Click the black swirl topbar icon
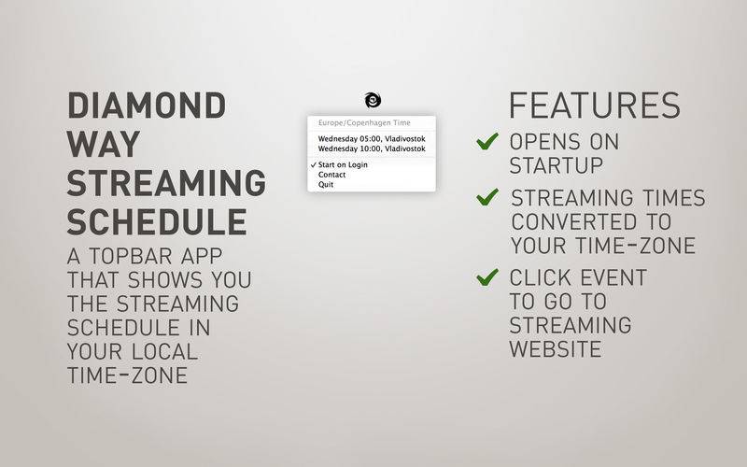(373, 100)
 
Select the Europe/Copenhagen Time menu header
(364, 122)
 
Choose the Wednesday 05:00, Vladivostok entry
(372, 138)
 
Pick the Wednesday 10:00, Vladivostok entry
(372, 149)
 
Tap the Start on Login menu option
(343, 165)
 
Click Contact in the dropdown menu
(332, 175)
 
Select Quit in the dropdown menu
(326, 184)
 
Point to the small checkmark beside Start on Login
(313, 165)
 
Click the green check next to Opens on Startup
(487, 141)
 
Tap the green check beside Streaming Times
(487, 197)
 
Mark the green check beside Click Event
(487, 277)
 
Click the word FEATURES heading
(595, 106)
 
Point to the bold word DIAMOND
(147, 106)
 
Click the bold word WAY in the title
(104, 144)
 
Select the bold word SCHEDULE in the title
(157, 222)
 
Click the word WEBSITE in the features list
(556, 349)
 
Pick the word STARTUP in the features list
(557, 166)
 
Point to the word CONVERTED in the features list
(574, 221)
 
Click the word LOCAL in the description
(164, 352)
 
